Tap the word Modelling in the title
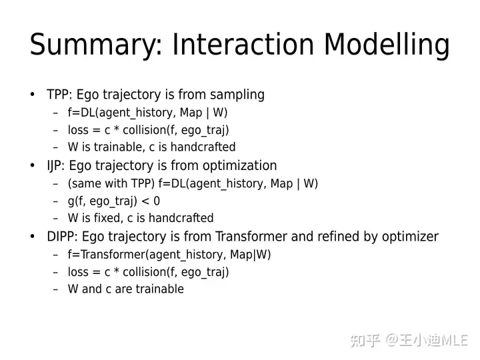point(387,45)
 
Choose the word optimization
point(240,166)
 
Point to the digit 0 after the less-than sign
point(157,201)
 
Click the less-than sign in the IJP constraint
point(146,201)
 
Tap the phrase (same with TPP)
point(111,183)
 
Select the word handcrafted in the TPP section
point(203,147)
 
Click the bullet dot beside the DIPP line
point(33,236)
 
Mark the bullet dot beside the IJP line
point(33,165)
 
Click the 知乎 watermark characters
point(365,341)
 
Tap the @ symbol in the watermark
point(392,340)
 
